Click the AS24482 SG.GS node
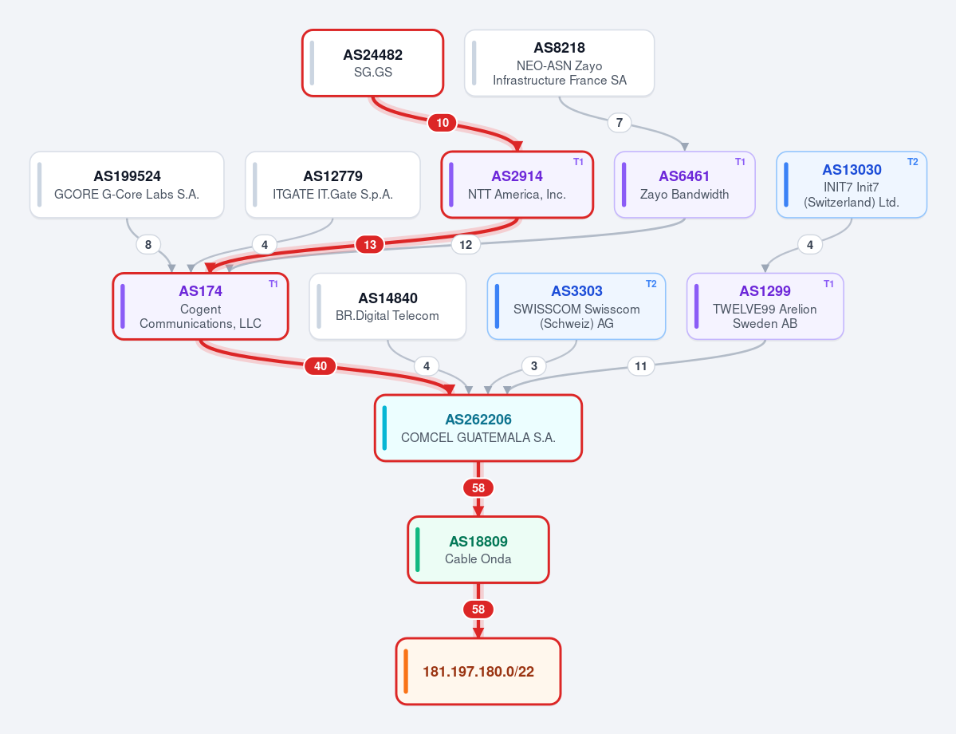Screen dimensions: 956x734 [372, 63]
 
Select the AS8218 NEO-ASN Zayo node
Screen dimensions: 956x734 [559, 63]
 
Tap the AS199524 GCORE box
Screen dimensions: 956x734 [127, 184]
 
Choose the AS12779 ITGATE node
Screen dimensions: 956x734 [333, 184]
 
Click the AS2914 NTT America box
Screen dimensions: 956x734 [517, 184]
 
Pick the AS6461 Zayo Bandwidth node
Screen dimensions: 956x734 [685, 184]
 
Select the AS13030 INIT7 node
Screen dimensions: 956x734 [852, 184]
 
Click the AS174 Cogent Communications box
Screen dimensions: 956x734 [201, 306]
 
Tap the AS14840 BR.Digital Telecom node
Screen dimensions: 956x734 [388, 306]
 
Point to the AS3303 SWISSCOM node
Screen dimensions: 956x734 [576, 306]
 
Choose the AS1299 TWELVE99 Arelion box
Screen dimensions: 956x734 [765, 306]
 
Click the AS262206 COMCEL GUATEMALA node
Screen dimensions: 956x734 [478, 428]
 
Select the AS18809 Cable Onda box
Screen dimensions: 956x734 [478, 550]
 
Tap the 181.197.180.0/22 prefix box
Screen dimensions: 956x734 [478, 671]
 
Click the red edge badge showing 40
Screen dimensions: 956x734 [320, 366]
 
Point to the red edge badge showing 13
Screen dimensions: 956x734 [370, 245]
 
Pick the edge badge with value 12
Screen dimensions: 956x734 [466, 245]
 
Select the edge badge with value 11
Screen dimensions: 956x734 [641, 366]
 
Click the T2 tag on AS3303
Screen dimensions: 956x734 [651, 284]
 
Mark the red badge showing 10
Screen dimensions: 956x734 [443, 123]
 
